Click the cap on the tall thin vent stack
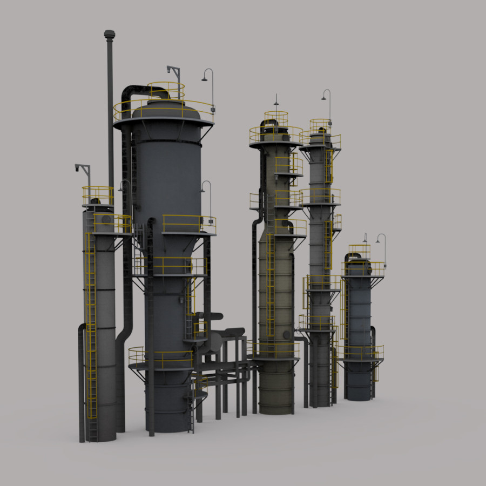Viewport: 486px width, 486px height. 110,35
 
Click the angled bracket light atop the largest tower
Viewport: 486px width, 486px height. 173,71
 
